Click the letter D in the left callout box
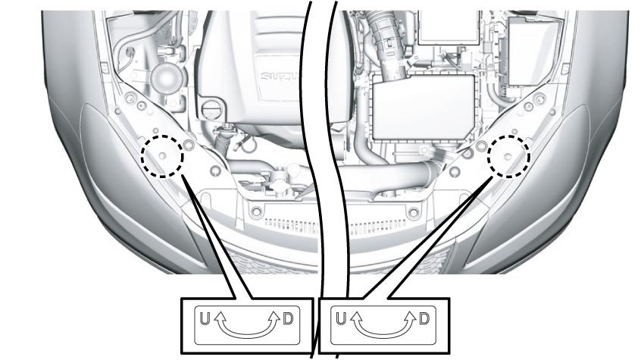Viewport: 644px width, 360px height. (x=287, y=319)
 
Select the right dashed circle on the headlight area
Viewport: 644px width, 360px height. (x=508, y=156)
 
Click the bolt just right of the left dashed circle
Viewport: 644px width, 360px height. (x=189, y=144)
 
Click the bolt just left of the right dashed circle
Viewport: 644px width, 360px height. (x=480, y=144)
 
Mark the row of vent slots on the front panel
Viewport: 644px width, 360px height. (x=333, y=225)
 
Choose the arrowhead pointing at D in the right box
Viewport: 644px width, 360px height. (x=410, y=313)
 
